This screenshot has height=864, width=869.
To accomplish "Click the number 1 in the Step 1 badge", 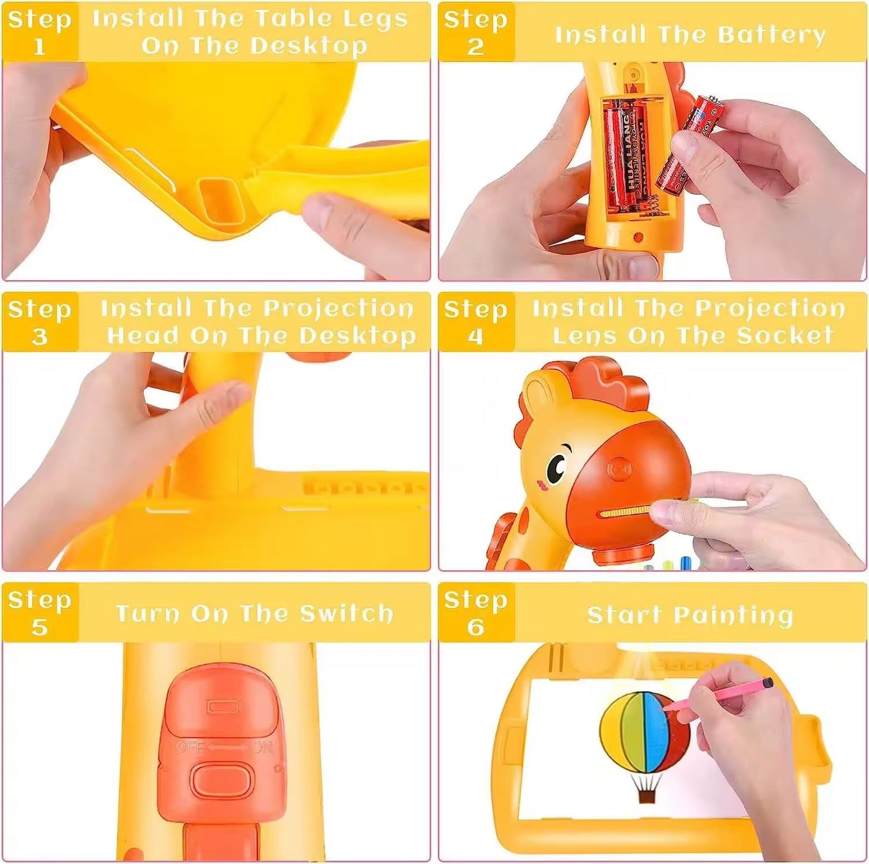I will (x=40, y=46).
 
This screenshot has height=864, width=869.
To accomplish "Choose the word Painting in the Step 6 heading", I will (x=733, y=615).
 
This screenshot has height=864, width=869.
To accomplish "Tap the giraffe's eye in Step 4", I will (x=557, y=465).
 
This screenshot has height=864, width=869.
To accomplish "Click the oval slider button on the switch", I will (x=221, y=779).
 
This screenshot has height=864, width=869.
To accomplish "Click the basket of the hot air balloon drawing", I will (x=646, y=797).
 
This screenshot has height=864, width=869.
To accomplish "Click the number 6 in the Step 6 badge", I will (x=475, y=627).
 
